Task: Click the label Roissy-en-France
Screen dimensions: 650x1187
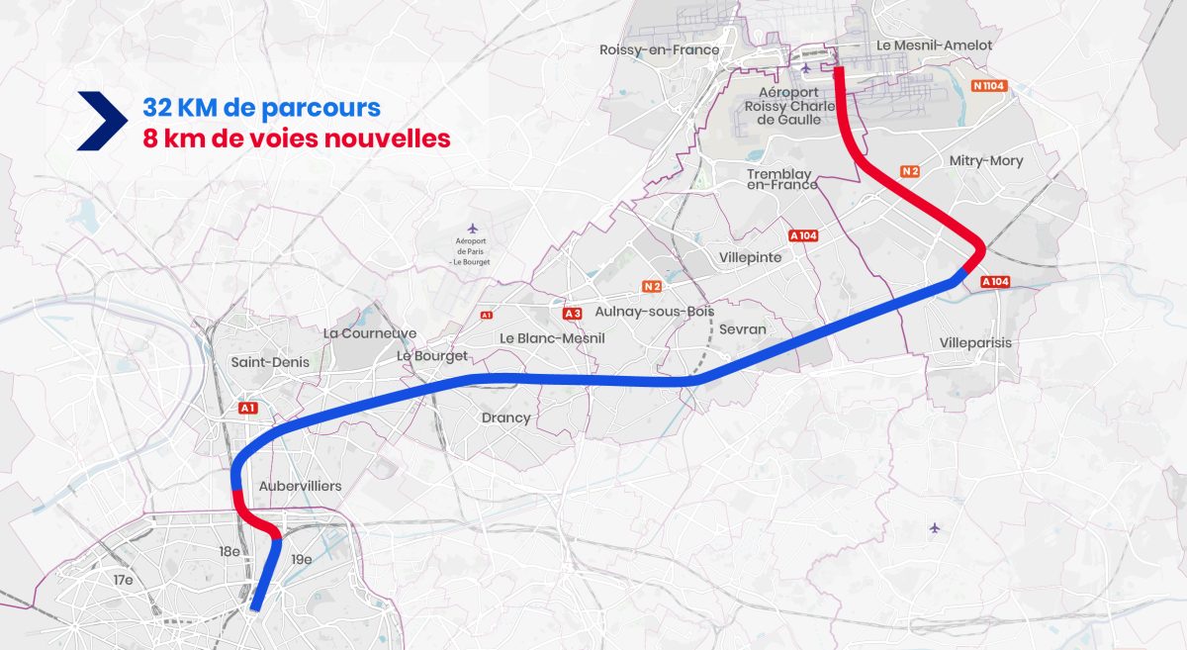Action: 660,49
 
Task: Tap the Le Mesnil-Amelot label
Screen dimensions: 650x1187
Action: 935,46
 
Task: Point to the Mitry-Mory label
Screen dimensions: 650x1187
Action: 985,160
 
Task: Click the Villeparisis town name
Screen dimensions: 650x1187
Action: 975,342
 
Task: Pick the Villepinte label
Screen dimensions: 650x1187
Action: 749,257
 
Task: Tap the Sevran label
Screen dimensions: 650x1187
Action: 743,328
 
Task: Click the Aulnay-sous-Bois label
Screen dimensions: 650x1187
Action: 641,312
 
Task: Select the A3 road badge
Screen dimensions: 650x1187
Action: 572,314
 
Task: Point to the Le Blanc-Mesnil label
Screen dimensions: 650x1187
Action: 552,337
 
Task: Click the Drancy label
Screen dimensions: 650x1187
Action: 505,418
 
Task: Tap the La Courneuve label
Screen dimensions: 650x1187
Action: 370,333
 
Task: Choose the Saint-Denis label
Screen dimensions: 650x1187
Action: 270,362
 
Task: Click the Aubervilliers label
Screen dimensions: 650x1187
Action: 300,486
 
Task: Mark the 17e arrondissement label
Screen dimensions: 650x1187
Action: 123,580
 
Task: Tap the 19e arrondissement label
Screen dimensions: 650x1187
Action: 301,559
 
